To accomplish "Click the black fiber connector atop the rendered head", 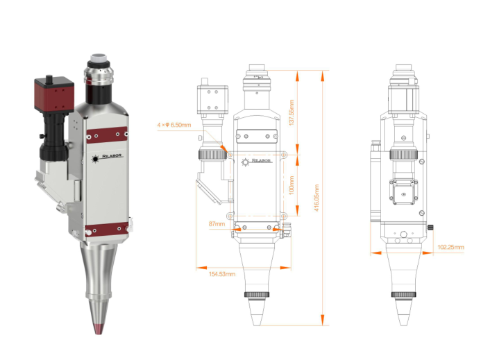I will (100, 75).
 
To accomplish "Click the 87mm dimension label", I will (217, 224).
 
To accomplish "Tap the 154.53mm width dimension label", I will (222, 274).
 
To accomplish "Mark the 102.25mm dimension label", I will (451, 247).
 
